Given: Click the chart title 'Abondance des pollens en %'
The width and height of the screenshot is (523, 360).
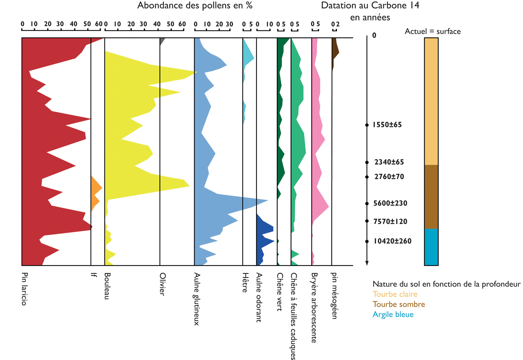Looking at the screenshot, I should pyautogui.click(x=195, y=6).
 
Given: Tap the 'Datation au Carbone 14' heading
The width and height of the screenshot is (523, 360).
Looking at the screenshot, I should pyautogui.click(x=370, y=6).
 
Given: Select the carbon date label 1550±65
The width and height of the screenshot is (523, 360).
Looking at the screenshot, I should pyautogui.click(x=387, y=125).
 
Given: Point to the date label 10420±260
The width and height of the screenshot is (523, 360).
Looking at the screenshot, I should pyautogui.click(x=392, y=241).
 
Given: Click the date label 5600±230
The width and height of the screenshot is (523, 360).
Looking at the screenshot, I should pyautogui.click(x=390, y=204).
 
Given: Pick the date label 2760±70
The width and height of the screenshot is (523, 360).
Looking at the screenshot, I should pyautogui.click(x=389, y=177).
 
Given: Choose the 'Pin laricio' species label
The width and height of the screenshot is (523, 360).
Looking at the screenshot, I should pyautogui.click(x=24, y=289).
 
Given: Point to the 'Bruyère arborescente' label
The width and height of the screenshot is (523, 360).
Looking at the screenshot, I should pyautogui.click(x=314, y=307).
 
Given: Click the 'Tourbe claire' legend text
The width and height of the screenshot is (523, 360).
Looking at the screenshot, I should pyautogui.click(x=395, y=294).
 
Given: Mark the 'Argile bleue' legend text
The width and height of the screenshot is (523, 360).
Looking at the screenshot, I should pyautogui.click(x=393, y=315).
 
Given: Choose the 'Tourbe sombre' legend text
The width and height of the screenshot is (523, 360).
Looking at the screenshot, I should pyautogui.click(x=399, y=304).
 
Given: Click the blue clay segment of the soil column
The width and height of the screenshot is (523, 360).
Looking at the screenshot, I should pyautogui.click(x=431, y=247).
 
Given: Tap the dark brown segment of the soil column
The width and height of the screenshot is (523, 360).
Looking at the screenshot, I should pyautogui.click(x=431, y=197).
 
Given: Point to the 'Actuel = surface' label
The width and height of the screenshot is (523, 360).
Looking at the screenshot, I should pyautogui.click(x=432, y=31).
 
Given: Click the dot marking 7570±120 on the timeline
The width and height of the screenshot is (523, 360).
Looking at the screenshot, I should pyautogui.click(x=367, y=221).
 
